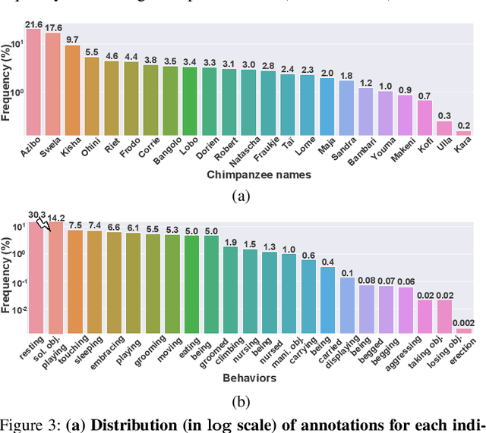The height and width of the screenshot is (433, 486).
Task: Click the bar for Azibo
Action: (34, 76)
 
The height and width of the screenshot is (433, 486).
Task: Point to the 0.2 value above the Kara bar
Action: (463, 125)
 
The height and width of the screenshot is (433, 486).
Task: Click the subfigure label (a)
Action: (241, 196)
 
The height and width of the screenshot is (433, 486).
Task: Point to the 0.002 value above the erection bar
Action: (462, 322)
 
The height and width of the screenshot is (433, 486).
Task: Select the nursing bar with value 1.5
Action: (250, 291)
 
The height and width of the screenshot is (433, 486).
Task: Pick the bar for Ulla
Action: (443, 127)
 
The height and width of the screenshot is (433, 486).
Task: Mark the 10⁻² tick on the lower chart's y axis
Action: (15, 310)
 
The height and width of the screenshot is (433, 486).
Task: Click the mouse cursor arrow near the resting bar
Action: (43, 222)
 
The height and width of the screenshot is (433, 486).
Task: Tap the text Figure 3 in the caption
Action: (30, 425)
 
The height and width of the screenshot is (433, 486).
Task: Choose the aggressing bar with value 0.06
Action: (406, 310)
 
